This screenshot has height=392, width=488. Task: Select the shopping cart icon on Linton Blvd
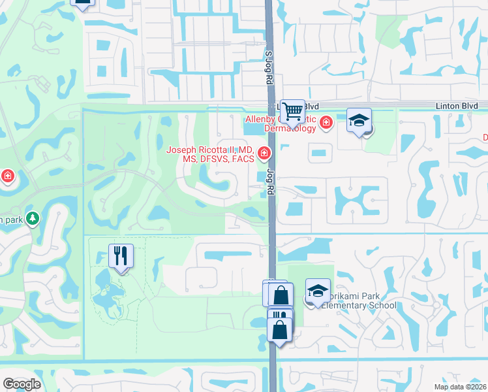click(x=292, y=112)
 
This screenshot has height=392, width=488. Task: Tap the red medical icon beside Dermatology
click(x=325, y=122)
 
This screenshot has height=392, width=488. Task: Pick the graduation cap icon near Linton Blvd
click(x=359, y=120)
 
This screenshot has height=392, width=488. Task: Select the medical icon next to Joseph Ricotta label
click(x=264, y=154)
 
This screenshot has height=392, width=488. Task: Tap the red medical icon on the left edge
click(x=7, y=176)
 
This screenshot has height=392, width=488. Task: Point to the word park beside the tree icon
click(x=12, y=220)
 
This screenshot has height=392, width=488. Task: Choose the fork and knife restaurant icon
click(x=121, y=255)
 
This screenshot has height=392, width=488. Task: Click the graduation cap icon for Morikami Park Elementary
click(x=318, y=291)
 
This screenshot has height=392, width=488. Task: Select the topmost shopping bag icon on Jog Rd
click(x=280, y=295)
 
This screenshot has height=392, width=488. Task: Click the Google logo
click(x=22, y=384)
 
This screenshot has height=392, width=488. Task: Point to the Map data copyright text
click(x=461, y=387)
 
